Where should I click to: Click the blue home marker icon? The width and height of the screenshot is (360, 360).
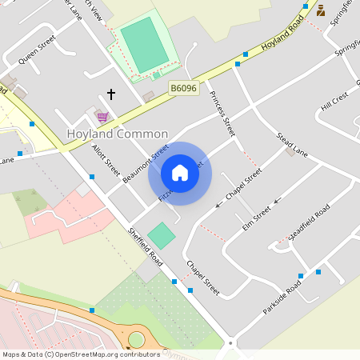pos(180,173)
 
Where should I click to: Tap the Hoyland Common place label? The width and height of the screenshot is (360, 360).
pos(117,134)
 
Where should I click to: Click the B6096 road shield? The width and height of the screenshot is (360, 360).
pos(184,88)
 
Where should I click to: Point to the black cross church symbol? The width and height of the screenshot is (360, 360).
pos(111,94)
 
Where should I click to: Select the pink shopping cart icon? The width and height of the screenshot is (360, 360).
pos(102,116)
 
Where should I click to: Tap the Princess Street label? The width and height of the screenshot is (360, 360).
pos(223,113)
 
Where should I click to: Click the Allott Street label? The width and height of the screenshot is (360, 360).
pos(106,161)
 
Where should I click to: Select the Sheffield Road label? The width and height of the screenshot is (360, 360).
pos(146,247)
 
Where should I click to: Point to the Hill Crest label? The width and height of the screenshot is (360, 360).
pos(335,102)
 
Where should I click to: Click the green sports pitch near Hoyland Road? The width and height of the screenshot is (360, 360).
pos(144,45)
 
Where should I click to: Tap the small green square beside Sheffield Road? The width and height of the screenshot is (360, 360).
pos(162,235)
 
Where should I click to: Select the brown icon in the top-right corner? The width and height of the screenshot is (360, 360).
pos(321,10)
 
